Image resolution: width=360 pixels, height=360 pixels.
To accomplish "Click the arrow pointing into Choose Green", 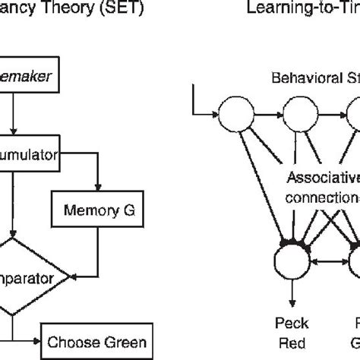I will (34, 339).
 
